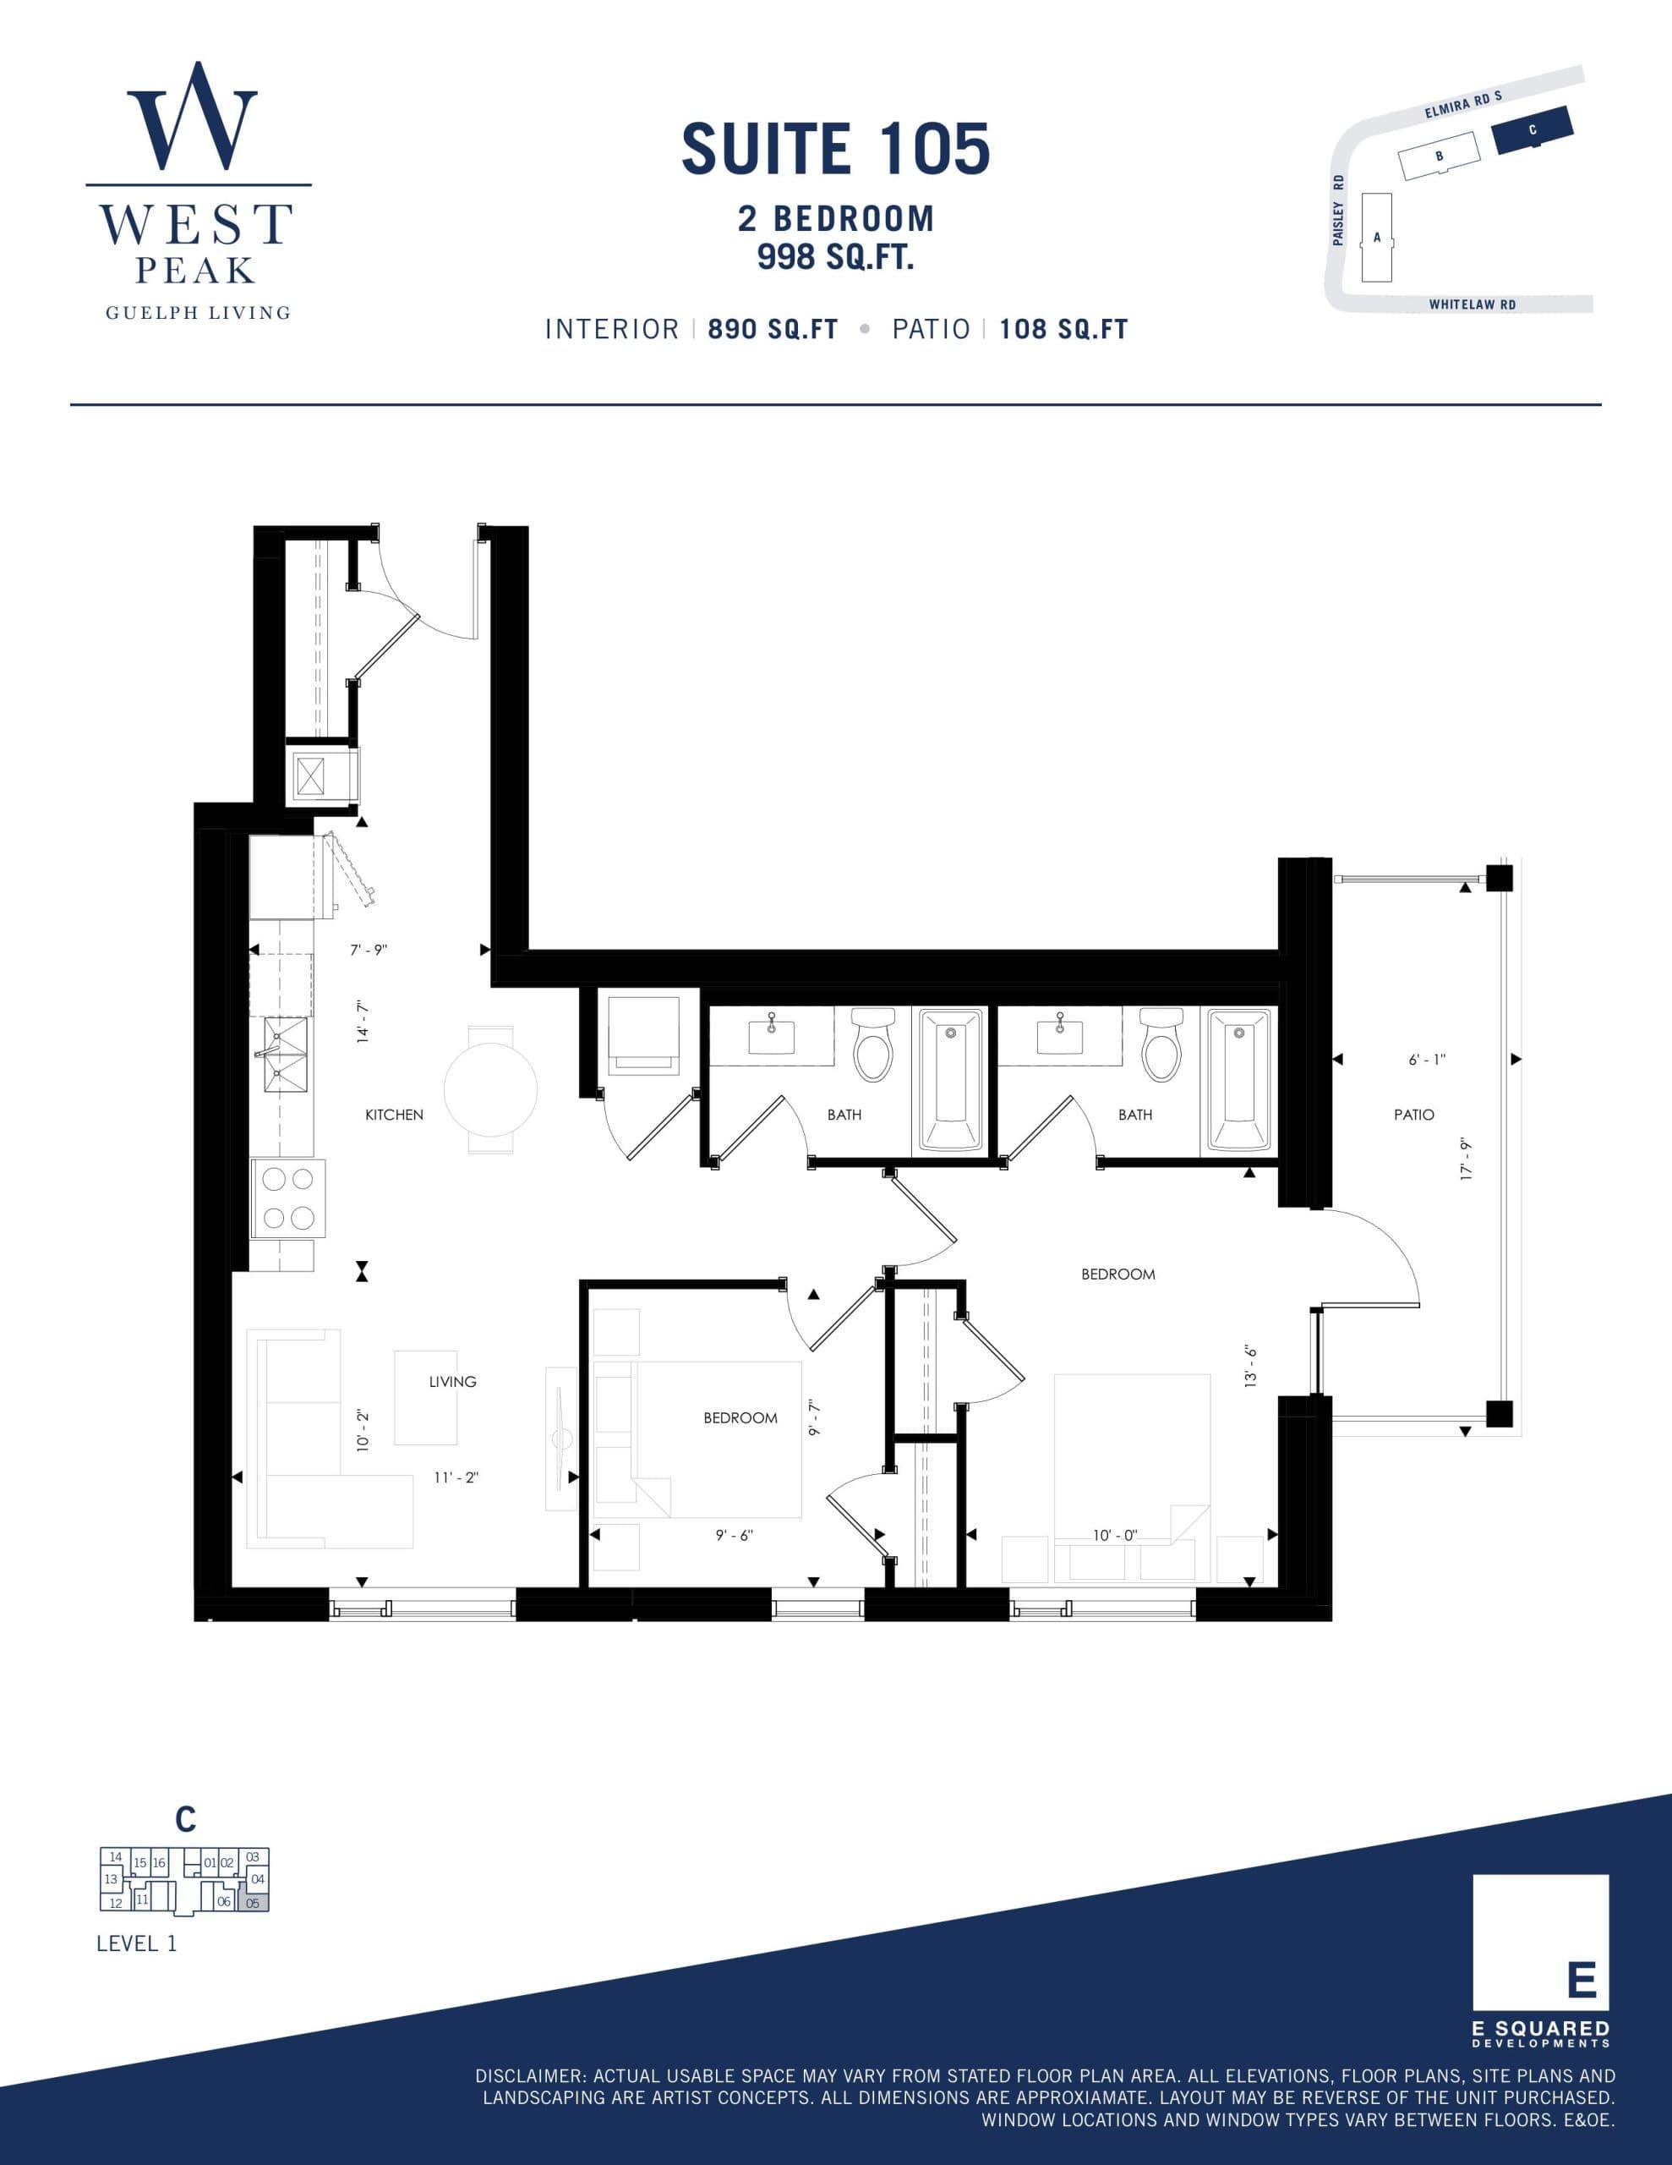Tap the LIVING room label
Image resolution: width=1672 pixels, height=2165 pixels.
[x=452, y=1382]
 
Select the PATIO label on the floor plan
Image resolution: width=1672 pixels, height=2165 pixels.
[x=1413, y=1115]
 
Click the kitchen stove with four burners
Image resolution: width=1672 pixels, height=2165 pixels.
[x=287, y=1198]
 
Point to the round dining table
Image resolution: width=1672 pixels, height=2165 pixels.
[x=490, y=1089]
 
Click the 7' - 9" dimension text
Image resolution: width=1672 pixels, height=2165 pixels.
[x=369, y=950]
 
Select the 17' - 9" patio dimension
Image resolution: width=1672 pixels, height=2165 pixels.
[x=1467, y=1159]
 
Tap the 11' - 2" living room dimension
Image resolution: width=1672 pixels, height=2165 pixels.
[x=456, y=1477]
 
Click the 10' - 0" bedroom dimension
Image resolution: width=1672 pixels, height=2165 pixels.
[x=1115, y=1536]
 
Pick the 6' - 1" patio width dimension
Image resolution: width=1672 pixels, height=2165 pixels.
[x=1426, y=1060]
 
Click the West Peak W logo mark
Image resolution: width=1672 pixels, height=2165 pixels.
[x=192, y=117]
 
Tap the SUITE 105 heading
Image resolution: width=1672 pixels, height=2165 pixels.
[x=835, y=149]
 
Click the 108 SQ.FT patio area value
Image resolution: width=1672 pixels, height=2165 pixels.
[x=1063, y=330]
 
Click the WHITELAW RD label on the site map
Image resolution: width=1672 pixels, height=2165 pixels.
[x=1472, y=305]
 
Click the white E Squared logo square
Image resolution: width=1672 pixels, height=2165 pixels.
[x=1540, y=1942]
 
